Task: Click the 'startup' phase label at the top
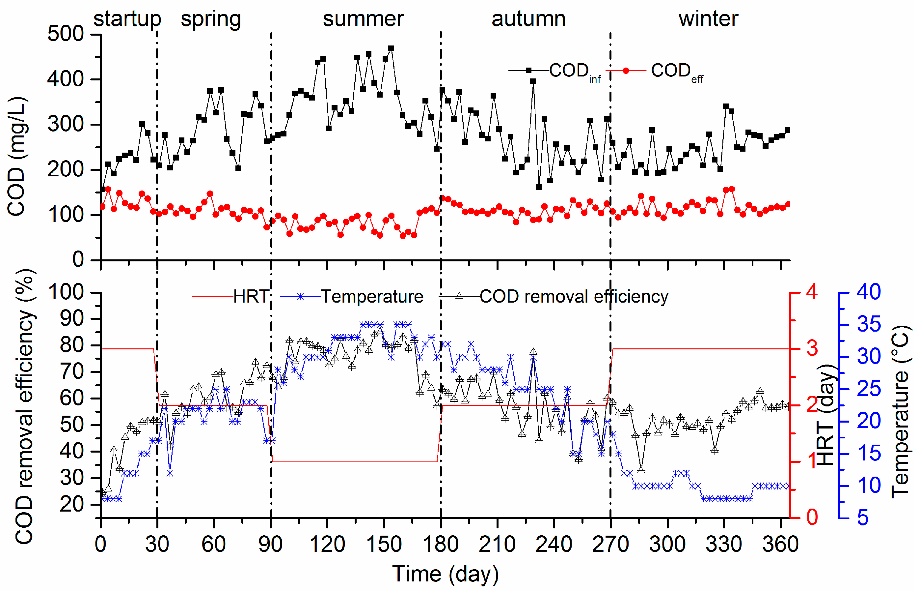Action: [127, 19]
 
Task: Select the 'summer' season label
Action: [363, 19]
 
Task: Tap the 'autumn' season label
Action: [528, 19]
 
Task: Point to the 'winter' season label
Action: [708, 19]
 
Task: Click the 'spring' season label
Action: [211, 19]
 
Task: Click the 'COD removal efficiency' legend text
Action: [574, 297]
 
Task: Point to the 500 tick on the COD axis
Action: [66, 34]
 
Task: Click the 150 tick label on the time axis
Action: [384, 545]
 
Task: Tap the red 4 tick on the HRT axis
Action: [812, 292]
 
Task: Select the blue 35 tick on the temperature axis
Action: [869, 325]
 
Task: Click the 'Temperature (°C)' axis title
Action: [900, 412]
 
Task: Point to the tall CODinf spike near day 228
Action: [533, 81]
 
